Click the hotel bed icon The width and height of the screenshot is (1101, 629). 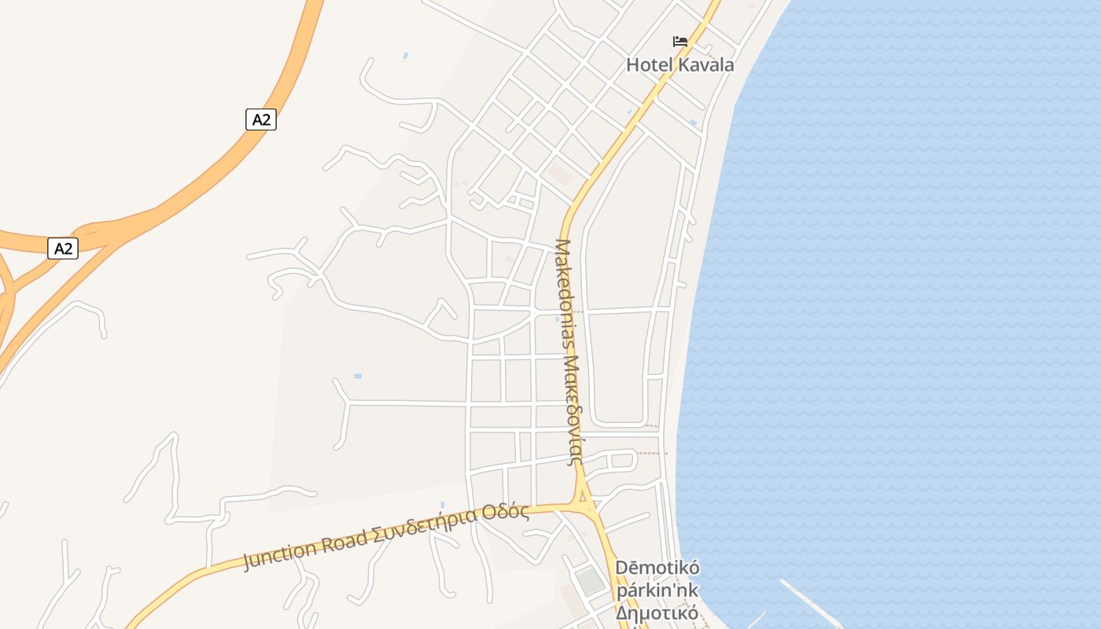(680, 41)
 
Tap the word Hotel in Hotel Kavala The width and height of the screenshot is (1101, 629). (649, 64)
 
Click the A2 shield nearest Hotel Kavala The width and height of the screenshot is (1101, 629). (261, 120)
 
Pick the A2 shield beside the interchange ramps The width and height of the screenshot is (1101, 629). (63, 248)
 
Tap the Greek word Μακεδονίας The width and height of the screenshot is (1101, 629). (572, 410)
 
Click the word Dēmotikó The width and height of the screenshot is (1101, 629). (657, 568)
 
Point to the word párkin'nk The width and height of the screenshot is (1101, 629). (657, 590)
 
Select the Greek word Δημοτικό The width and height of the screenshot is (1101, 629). (657, 612)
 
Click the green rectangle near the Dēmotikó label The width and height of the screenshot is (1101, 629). (590, 581)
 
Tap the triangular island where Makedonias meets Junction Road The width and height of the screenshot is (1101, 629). (582, 497)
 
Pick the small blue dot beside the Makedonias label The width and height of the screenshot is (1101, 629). (558, 319)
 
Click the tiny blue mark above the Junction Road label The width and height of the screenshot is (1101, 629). (442, 504)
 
